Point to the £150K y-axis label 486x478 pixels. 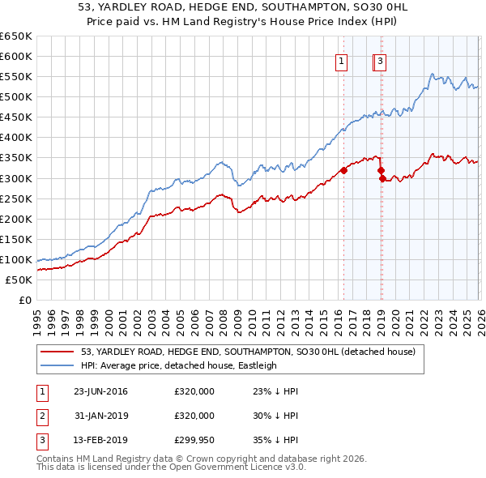coord(16,239)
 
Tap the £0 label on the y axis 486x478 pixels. coord(26,300)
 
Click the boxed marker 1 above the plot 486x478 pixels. coord(342,60)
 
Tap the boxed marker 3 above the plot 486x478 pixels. coord(380,60)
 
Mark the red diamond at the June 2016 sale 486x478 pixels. coord(343,170)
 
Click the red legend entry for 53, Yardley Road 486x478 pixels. coord(248,352)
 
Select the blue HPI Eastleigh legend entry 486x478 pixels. coord(178,365)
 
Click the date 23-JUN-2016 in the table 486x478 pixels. coord(100,391)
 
